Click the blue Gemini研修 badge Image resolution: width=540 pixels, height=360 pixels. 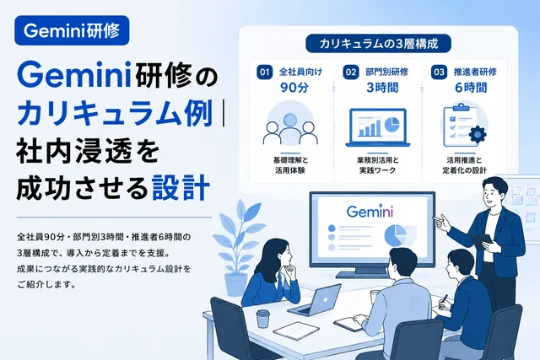[72, 30]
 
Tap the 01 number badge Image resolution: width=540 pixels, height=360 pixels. [264, 73]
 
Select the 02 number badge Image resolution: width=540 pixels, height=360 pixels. [351, 73]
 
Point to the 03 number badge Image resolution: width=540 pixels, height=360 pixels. [439, 73]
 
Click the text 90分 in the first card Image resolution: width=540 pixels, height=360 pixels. [294, 88]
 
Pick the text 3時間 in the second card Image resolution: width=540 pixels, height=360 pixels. [382, 88]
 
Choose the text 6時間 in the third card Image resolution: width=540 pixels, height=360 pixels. [471, 88]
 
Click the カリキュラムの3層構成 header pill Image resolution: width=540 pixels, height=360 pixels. [379, 44]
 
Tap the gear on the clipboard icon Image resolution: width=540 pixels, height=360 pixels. [478, 135]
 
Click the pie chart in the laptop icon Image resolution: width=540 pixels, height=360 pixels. [391, 124]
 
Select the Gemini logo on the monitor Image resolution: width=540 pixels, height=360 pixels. [370, 212]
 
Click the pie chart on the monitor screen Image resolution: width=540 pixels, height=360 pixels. [396, 235]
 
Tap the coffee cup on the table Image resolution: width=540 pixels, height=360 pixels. [262, 319]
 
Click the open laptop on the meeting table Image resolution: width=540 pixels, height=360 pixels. [315, 300]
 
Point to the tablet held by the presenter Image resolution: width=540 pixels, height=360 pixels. [483, 241]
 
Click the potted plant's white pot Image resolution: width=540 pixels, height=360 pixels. [236, 284]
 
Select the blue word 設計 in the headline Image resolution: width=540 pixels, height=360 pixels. [181, 187]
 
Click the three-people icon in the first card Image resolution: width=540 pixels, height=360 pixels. [290, 129]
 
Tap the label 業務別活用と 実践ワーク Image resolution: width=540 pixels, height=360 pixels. [378, 165]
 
